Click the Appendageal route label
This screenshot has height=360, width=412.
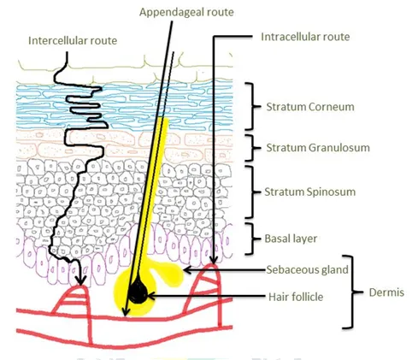point(186,12)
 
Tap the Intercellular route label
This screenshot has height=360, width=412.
point(73,40)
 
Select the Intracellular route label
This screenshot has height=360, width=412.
point(305,37)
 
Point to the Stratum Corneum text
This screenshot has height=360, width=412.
point(310,107)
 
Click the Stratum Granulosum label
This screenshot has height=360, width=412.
point(318,148)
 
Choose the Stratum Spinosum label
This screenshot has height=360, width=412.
point(310,192)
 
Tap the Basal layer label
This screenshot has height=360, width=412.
point(291,239)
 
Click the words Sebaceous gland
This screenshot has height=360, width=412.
point(307,269)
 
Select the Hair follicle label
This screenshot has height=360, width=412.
point(296,297)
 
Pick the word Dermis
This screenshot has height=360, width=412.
point(386,292)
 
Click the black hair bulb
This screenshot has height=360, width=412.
point(138,292)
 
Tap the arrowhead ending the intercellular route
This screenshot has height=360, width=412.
point(81,280)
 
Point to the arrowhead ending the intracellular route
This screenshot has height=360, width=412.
point(214,259)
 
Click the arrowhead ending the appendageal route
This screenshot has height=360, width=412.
point(126,311)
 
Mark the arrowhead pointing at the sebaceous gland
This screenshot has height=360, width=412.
point(186,269)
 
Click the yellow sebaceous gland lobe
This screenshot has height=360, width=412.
point(171,273)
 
